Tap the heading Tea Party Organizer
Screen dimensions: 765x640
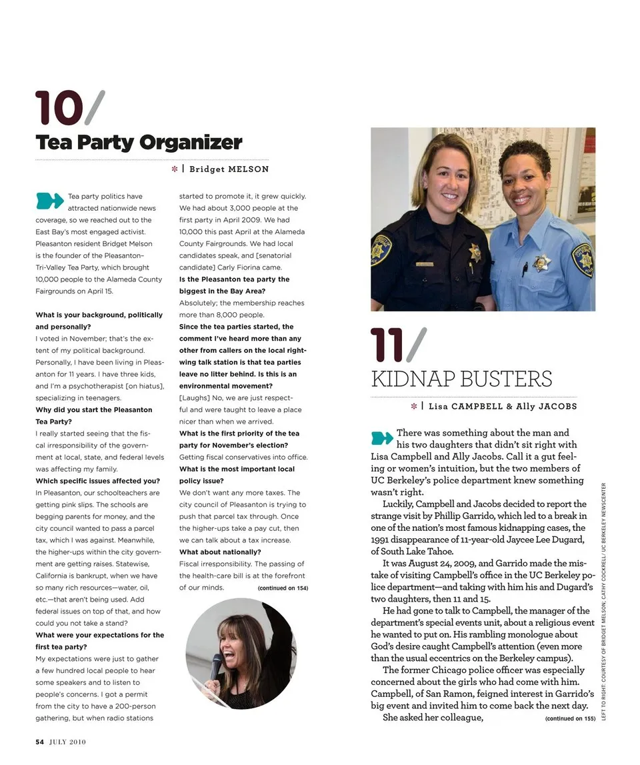(139, 143)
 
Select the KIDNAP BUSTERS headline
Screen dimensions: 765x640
(461, 379)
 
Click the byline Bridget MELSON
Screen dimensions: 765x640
(229, 169)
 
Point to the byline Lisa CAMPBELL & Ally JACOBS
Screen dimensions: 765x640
(503, 406)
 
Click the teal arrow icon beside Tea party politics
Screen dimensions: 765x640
(49, 199)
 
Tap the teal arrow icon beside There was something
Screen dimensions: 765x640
(382, 438)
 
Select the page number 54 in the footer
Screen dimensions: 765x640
(39, 741)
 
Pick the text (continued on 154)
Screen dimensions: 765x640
(283, 588)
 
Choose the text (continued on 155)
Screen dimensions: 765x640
(570, 718)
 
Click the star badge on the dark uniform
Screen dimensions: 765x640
(475, 251)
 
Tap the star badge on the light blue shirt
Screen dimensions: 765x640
(541, 262)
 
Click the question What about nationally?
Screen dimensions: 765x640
(220, 552)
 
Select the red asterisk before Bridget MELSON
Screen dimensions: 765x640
(175, 169)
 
